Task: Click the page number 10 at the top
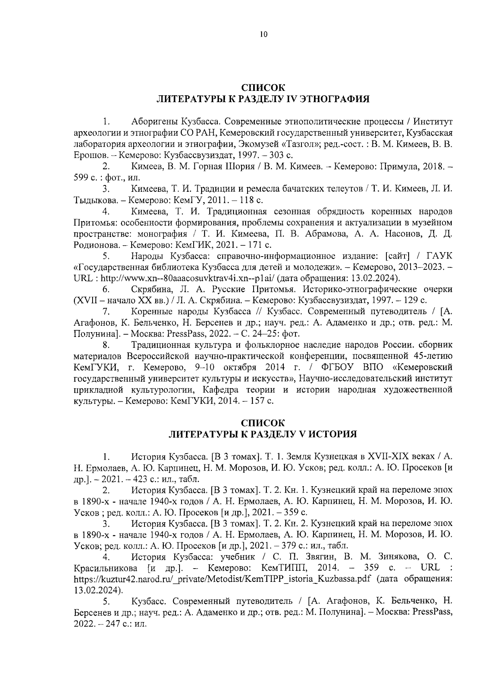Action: point(263,35)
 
